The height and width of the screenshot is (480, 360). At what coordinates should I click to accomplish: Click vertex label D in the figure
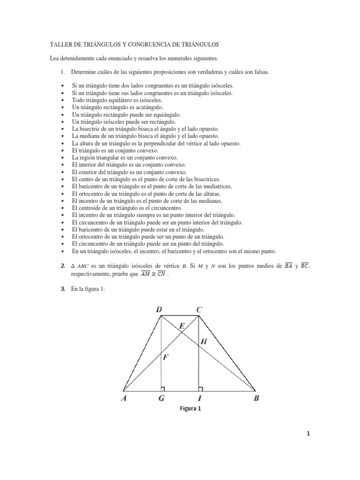point(159,309)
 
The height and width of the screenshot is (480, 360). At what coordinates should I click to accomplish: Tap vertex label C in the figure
point(199,309)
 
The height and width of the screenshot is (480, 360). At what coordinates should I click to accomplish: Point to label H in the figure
point(203,342)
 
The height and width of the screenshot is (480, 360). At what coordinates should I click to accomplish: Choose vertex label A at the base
point(124,399)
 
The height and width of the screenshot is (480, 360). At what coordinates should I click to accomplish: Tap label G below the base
point(161,399)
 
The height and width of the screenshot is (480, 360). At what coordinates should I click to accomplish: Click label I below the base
point(200,399)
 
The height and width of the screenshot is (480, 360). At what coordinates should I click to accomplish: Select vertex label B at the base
point(256,399)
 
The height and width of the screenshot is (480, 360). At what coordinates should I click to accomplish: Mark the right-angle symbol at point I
point(201,389)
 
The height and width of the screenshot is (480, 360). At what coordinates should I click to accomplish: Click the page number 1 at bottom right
point(308,434)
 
